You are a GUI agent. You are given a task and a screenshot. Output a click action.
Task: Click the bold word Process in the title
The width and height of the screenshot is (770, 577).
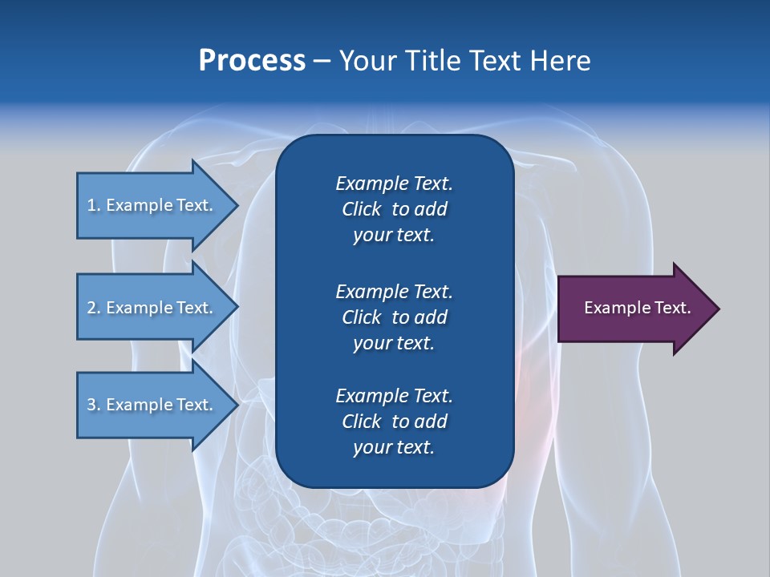[x=252, y=61]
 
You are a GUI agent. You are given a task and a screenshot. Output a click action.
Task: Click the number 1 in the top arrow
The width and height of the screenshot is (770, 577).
[x=91, y=205]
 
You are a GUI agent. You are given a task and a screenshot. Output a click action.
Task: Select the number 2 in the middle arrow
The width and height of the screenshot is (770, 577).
[x=92, y=308]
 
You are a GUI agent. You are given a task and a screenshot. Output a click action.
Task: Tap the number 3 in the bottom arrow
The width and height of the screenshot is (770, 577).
[x=92, y=405]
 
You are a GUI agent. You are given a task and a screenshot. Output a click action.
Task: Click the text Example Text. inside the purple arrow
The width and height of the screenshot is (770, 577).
[x=637, y=308]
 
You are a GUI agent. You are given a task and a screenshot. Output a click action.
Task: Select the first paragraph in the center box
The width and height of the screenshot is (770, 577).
[x=394, y=209]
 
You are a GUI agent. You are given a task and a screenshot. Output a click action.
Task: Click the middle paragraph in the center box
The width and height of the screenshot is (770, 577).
[x=394, y=317]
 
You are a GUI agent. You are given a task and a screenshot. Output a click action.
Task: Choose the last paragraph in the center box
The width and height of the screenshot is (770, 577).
[x=394, y=422]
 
